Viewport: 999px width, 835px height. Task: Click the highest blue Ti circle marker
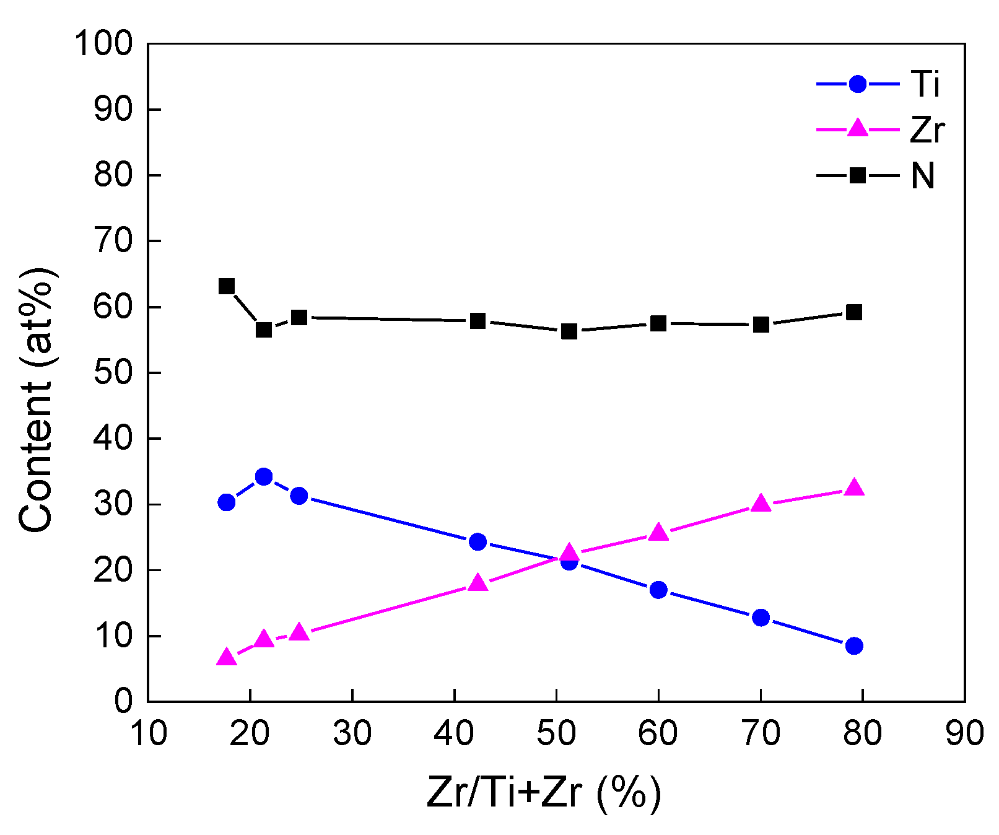264,476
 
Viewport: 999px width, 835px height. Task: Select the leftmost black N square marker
227,286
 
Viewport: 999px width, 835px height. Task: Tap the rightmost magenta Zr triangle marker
854,487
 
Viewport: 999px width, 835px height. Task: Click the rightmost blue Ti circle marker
854,645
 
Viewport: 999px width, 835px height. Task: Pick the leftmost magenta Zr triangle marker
227,657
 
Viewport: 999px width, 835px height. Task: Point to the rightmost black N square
854,312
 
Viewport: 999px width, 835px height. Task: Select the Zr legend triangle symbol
857,128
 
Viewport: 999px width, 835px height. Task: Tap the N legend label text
922,176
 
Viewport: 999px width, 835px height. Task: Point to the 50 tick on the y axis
113,373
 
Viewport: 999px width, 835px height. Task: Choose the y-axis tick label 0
123,701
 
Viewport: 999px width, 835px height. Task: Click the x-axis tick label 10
149,733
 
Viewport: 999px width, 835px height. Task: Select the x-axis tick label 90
964,733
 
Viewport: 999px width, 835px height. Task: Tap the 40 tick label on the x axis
454,733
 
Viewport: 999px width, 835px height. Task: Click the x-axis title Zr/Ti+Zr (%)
544,792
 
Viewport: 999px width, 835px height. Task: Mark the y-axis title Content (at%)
36,400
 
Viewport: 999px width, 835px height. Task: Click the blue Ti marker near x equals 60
658,589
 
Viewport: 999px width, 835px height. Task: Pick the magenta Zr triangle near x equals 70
761,503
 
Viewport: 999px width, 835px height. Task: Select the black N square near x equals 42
478,321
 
